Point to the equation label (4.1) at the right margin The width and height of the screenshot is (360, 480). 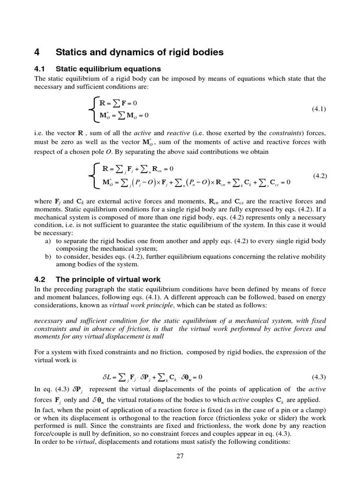[318, 109]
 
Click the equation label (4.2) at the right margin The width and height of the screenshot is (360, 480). [318, 176]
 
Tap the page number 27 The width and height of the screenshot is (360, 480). [180, 457]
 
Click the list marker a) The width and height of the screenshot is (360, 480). [47, 241]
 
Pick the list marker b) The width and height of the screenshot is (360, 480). [47, 257]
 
